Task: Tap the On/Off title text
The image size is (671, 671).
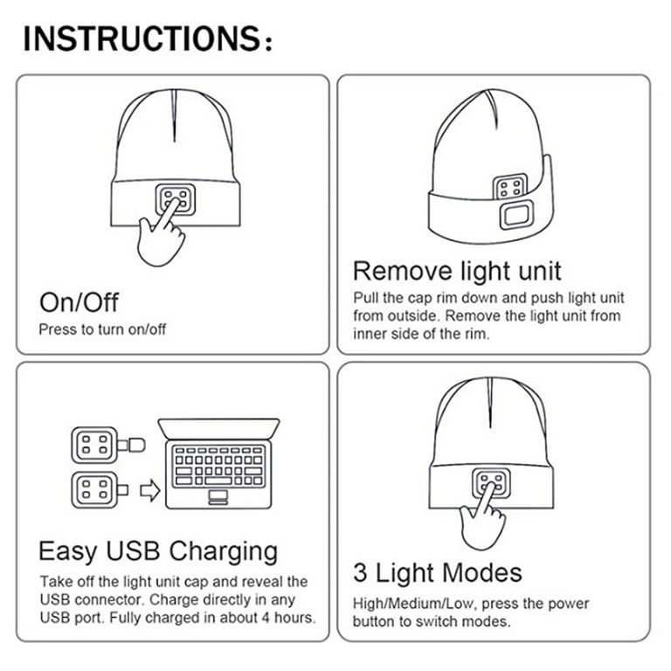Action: click(x=79, y=302)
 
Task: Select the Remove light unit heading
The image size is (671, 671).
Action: click(x=457, y=270)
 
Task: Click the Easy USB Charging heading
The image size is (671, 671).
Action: click(x=158, y=551)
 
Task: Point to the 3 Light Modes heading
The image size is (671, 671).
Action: click(x=437, y=573)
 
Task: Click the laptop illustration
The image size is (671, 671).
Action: click(x=219, y=462)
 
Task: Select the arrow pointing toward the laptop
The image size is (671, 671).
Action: click(x=149, y=492)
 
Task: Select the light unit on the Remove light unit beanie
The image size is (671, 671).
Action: click(x=510, y=186)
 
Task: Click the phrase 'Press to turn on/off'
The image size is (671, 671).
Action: click(x=102, y=329)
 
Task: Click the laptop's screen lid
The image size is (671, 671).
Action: click(x=219, y=429)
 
